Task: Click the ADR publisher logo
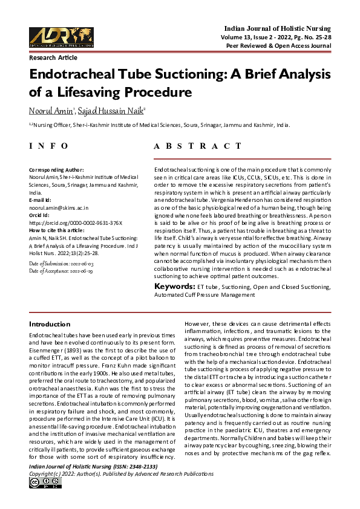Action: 60,36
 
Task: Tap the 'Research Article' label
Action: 53,57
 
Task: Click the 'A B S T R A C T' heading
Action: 201,146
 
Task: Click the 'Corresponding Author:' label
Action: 56,170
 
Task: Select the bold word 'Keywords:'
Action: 174,286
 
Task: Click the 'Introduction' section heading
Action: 50,325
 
